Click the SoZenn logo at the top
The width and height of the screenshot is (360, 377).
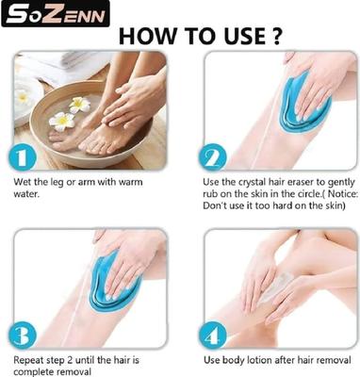click(55, 13)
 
